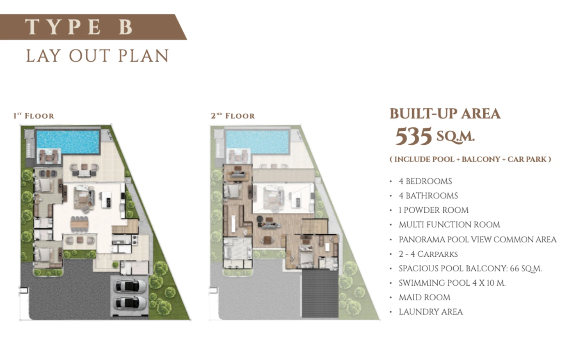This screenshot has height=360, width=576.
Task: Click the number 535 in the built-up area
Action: click(x=413, y=136)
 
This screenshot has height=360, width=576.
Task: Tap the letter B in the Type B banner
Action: click(x=126, y=27)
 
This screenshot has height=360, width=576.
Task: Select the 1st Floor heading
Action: click(x=34, y=116)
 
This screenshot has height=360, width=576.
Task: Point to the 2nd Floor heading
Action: click(x=233, y=116)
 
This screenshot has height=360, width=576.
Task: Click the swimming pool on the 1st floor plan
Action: click(x=68, y=142)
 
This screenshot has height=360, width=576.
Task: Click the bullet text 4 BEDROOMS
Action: click(x=425, y=181)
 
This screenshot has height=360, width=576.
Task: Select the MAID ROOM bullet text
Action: click(x=424, y=298)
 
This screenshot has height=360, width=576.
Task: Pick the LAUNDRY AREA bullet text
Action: click(x=431, y=312)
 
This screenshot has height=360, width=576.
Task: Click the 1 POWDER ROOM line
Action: click(x=434, y=210)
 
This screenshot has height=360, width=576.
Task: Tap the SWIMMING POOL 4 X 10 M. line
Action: click(x=452, y=283)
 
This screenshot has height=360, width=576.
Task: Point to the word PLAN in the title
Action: click(x=143, y=56)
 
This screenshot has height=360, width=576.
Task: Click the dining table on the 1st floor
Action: click(x=80, y=224)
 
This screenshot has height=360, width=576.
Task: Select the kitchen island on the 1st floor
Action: click(x=106, y=200)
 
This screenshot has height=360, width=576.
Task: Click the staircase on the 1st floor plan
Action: click(x=125, y=226)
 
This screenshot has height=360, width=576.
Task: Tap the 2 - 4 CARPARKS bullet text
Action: click(x=428, y=254)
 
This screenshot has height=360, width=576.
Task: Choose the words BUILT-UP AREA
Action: click(x=445, y=114)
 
